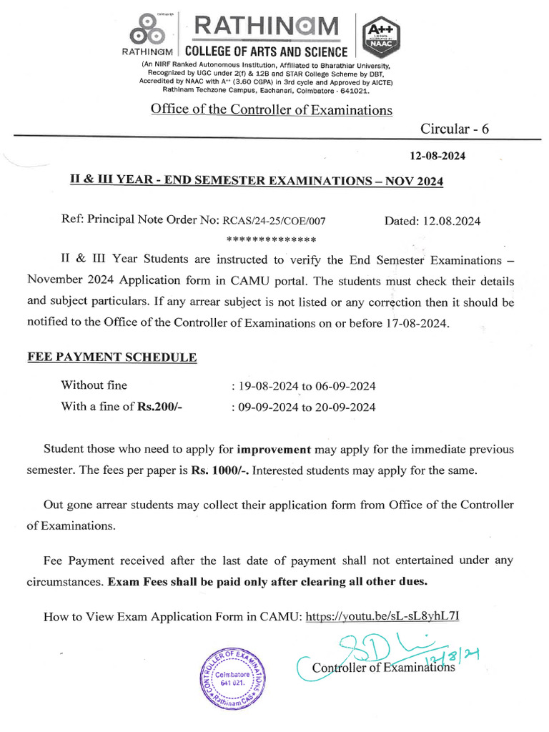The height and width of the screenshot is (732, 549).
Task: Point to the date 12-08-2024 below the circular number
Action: click(x=436, y=156)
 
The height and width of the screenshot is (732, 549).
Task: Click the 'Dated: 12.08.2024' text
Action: click(x=432, y=221)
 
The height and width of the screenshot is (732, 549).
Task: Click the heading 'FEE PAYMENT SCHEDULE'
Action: click(x=112, y=357)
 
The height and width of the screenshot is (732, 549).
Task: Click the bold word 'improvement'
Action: click(x=274, y=450)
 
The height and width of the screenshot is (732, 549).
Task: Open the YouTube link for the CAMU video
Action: click(x=387, y=615)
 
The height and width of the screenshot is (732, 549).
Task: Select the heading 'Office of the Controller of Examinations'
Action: click(x=271, y=109)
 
